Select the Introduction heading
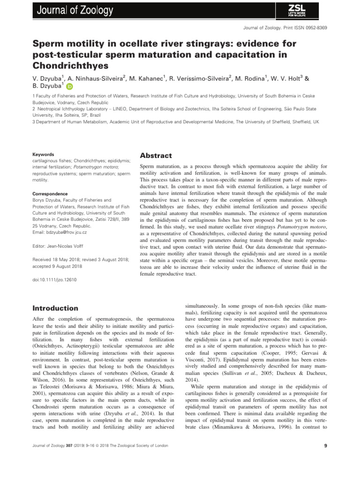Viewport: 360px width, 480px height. pos(55,308)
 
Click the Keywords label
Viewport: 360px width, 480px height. pos(43,154)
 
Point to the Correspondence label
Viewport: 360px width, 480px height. pos(50,194)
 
